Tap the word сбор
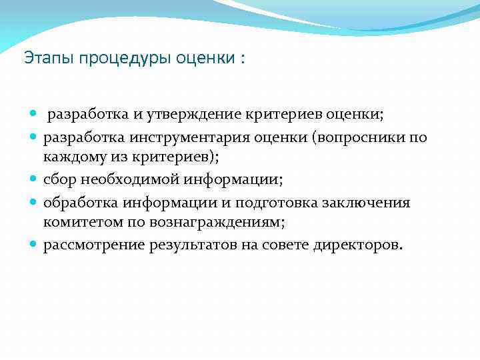pos(60,179)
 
